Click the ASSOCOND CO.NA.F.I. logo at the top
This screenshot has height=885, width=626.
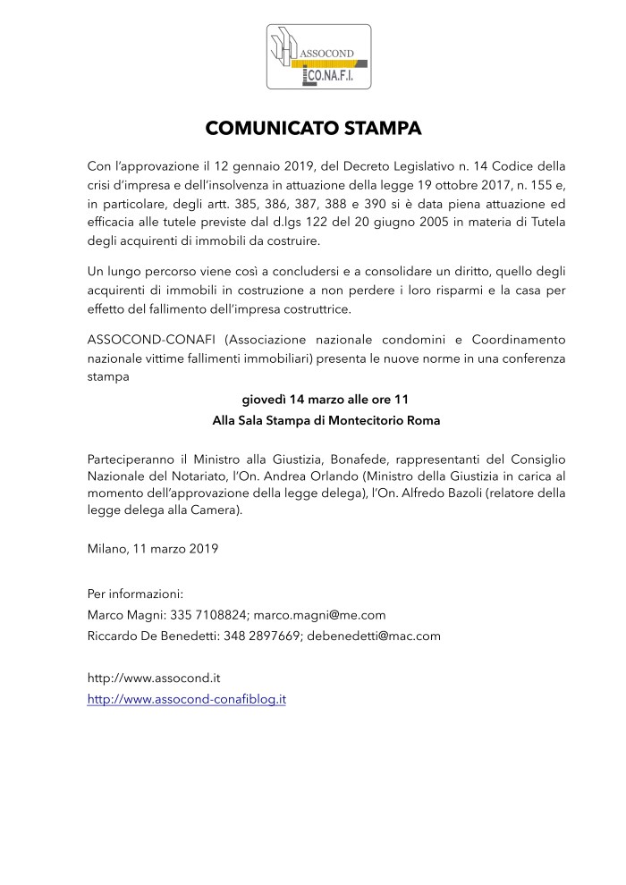pos(313,57)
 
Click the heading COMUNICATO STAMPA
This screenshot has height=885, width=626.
pos(313,128)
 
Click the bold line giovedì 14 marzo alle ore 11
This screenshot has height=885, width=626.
pos(313,399)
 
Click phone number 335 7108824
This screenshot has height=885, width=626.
pos(209,615)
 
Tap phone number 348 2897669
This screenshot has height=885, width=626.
pos(258,636)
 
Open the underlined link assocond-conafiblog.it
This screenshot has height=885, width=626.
pos(186,699)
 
